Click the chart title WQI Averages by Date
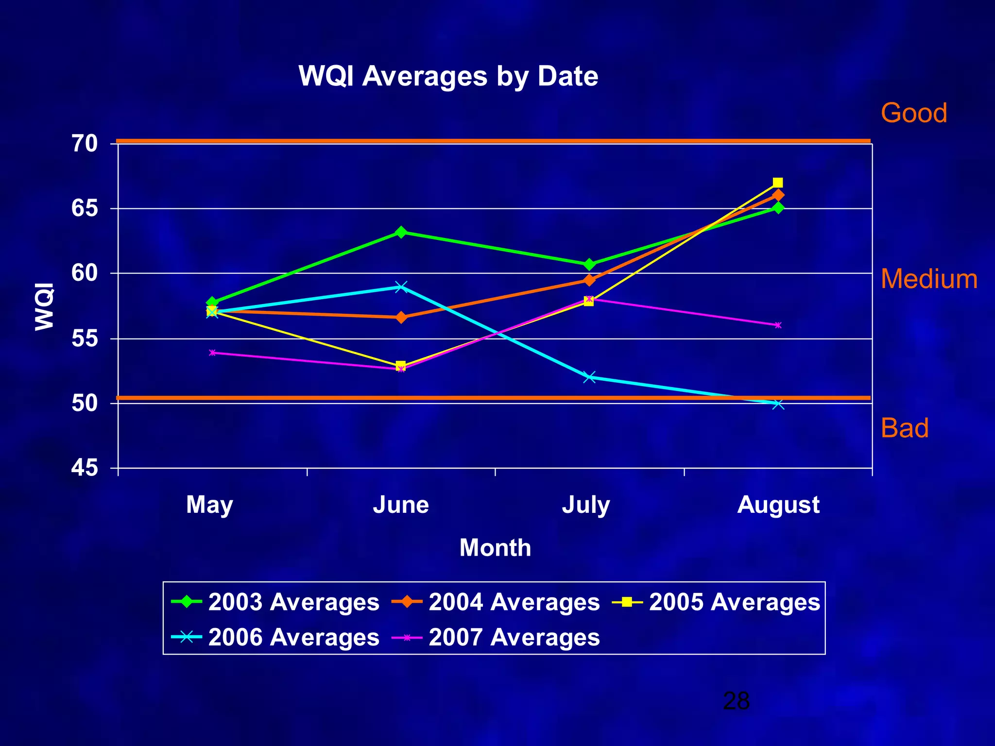coord(448,76)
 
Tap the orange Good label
coord(913,113)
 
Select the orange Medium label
coord(928,279)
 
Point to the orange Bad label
coord(904,428)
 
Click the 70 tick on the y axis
coord(85,144)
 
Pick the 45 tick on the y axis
coord(85,468)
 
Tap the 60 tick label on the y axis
coord(85,273)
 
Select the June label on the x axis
coord(401,505)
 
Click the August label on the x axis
coord(778,505)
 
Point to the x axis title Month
coord(495,548)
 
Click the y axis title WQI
coord(45,306)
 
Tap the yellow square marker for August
coord(777,183)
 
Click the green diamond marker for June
coord(401,232)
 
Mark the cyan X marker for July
coord(589,377)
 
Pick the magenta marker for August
coord(778,325)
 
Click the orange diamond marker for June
coord(401,318)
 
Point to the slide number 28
coord(736,701)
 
